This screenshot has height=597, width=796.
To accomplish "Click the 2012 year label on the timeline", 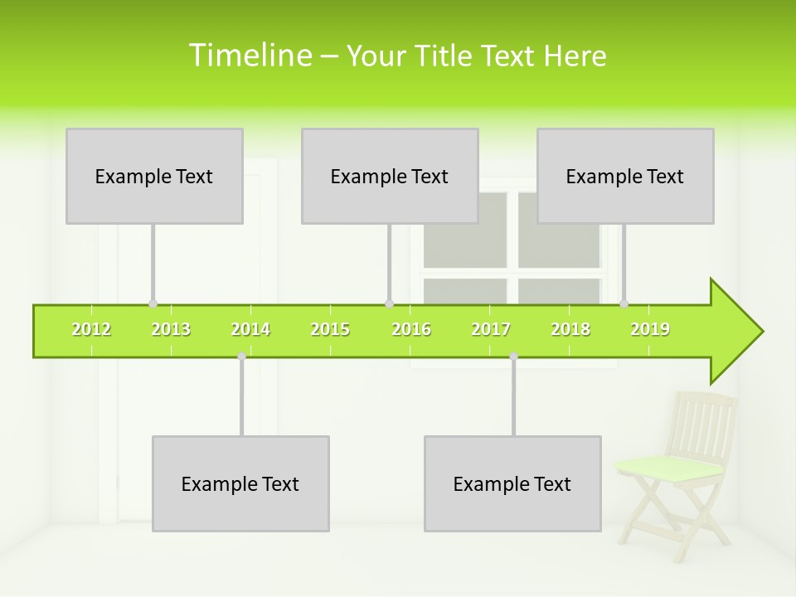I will tap(91, 330).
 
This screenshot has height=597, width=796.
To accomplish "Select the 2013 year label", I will tap(171, 330).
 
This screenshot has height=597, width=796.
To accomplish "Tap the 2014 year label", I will tap(250, 330).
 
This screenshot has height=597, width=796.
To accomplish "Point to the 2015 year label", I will tap(330, 330).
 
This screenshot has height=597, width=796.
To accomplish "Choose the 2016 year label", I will tap(411, 330).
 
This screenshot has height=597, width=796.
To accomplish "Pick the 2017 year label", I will tap(491, 330).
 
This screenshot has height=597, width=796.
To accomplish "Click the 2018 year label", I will tap(570, 330).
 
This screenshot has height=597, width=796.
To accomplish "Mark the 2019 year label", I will tap(650, 330).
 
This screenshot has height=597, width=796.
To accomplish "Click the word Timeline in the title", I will tap(249, 56).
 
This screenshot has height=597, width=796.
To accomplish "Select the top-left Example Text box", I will tap(154, 176).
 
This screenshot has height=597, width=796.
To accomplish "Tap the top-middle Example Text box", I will tap(390, 176).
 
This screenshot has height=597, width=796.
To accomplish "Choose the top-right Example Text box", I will tap(625, 176).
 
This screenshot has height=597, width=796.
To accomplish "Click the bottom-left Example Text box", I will tap(240, 483).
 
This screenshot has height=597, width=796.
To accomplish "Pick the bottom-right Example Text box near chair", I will tap(512, 483).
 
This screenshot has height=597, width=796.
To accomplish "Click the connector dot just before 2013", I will tap(153, 304).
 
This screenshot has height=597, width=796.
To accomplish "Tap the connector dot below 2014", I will tap(241, 357).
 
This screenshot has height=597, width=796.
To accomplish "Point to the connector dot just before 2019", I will tap(624, 304).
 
